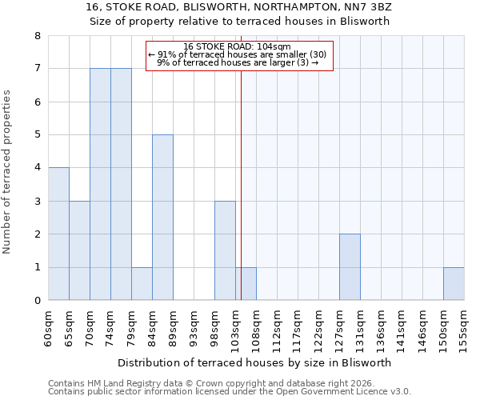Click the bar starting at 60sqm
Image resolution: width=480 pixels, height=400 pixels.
click(58, 234)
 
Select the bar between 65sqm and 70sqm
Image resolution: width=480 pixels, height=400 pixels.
click(79, 250)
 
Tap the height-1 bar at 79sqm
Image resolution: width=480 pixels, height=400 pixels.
click(142, 284)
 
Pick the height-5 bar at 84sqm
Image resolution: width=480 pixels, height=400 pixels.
click(162, 218)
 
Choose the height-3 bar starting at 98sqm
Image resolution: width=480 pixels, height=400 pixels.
click(225, 250)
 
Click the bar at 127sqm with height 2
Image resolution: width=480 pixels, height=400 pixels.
click(350, 267)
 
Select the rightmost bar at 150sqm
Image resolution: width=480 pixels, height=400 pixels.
click(454, 284)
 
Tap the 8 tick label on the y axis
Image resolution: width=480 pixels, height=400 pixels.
click(37, 36)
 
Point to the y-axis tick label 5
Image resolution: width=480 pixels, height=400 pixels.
click(37, 135)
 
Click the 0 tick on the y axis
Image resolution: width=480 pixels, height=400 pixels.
click(37, 301)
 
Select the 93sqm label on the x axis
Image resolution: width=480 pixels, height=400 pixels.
click(194, 323)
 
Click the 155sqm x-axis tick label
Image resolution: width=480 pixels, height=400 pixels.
click(464, 325)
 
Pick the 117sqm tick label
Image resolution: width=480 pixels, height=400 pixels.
click(298, 325)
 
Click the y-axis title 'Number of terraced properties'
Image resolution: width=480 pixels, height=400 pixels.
click(8, 172)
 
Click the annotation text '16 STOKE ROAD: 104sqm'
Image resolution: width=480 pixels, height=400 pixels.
click(237, 46)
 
